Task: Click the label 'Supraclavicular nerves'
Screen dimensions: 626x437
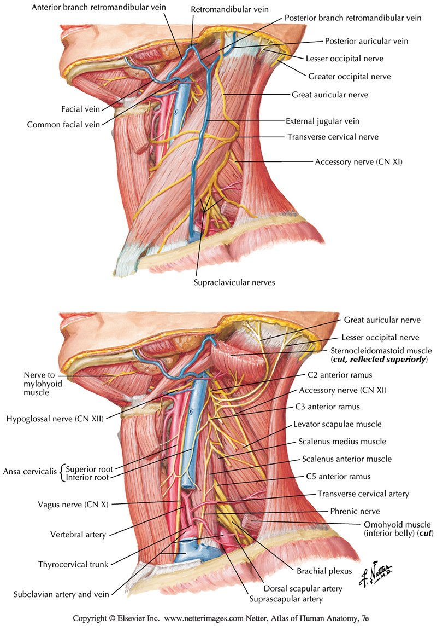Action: point(233,283)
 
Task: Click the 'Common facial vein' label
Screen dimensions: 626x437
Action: point(63,125)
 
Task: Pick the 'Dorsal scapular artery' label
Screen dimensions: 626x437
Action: point(309,589)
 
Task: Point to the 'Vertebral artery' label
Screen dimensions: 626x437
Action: point(74,534)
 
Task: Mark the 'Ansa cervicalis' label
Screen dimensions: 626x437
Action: point(30,472)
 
